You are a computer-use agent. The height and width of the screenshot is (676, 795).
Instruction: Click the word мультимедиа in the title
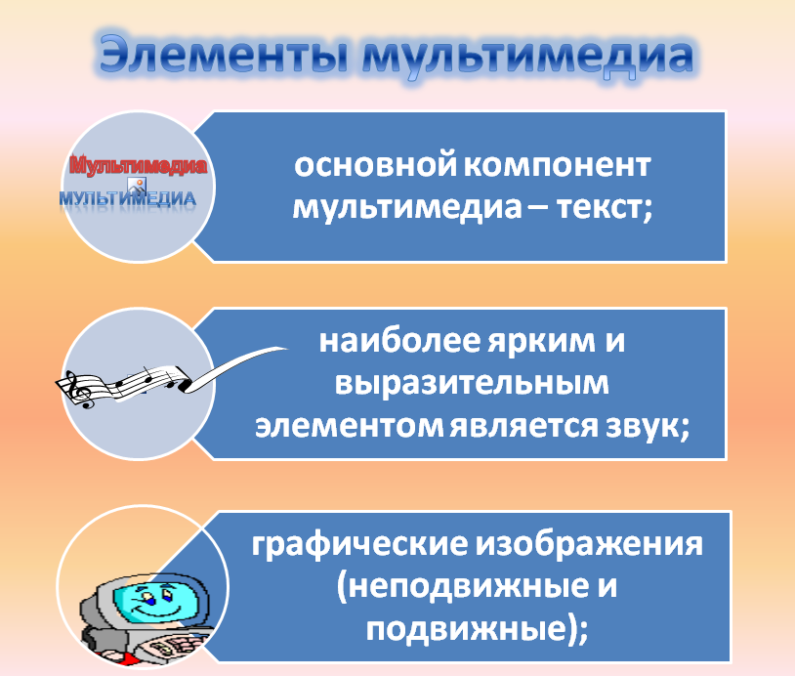[527, 57]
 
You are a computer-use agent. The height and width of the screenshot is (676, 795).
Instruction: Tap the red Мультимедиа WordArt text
[138, 165]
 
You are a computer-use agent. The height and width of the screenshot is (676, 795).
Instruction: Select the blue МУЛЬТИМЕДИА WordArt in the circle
[128, 197]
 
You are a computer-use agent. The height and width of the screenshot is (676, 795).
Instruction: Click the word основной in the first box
[375, 165]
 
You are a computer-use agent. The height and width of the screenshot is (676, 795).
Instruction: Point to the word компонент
[558, 167]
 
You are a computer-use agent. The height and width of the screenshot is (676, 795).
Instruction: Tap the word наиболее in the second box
[399, 341]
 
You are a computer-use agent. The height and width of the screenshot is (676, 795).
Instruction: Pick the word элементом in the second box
[349, 427]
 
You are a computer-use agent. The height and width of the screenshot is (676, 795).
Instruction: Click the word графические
[359, 545]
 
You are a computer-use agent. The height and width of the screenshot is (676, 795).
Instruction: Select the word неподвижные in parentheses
[463, 587]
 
